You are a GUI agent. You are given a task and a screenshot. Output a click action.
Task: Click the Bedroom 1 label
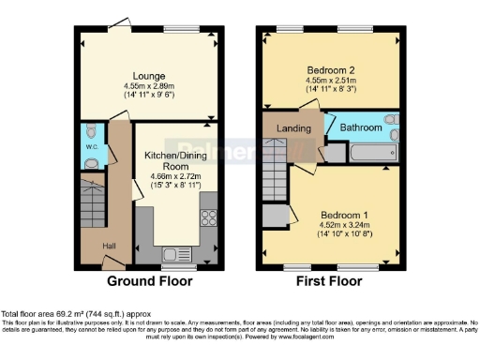pos(335,212)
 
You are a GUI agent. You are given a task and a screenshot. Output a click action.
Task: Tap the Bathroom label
pos(361,127)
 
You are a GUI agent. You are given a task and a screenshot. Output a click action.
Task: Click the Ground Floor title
pos(150,280)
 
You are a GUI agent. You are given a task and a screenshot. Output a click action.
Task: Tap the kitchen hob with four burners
pos(208,217)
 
